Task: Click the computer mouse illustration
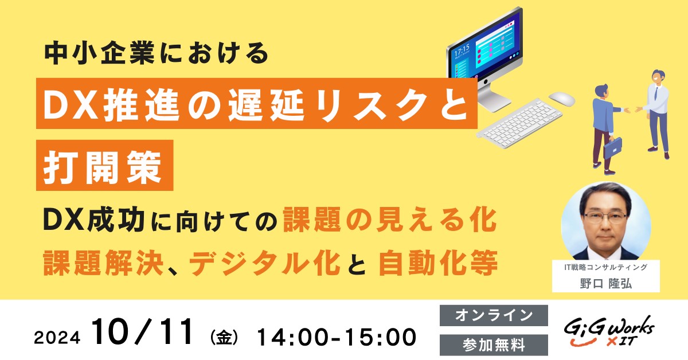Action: (561, 99)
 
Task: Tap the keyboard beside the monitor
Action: (519, 123)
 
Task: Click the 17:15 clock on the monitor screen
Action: (462, 50)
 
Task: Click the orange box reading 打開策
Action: (105, 165)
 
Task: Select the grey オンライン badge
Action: (494, 315)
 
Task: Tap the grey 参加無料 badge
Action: (494, 345)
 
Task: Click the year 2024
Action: (57, 338)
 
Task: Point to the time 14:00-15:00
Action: (337, 337)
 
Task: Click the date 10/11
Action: (143, 332)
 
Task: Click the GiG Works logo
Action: (609, 332)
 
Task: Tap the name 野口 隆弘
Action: (605, 284)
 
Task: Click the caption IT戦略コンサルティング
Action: (605, 267)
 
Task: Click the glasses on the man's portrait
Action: (605, 218)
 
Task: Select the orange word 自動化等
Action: (438, 263)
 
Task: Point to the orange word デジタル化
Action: (265, 263)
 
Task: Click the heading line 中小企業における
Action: (157, 53)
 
